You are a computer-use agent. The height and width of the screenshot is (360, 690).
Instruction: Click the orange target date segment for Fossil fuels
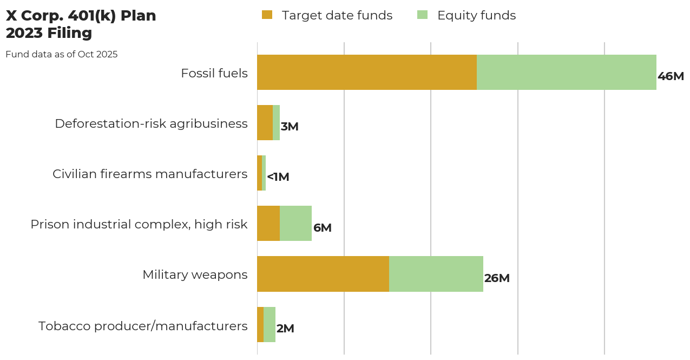(x=366, y=72)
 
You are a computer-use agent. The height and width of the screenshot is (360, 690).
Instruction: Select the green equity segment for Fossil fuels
(x=566, y=72)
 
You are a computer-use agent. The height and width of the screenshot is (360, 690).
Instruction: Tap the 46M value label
(x=671, y=76)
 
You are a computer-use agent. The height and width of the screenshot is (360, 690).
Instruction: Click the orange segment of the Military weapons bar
(x=323, y=274)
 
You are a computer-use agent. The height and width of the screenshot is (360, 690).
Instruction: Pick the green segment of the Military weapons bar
(x=436, y=274)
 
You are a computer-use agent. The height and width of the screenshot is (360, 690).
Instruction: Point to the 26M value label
(x=496, y=278)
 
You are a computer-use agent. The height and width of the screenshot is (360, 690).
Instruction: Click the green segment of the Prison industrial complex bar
(x=295, y=223)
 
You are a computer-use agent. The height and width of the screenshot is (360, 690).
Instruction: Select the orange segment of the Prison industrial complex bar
(x=268, y=223)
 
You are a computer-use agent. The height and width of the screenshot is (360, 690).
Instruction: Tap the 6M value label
(x=322, y=228)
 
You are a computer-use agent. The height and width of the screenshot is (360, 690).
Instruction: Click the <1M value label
(x=278, y=177)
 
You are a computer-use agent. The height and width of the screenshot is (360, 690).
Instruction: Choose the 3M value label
(x=290, y=127)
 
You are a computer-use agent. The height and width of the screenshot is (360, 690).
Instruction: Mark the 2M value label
(x=285, y=329)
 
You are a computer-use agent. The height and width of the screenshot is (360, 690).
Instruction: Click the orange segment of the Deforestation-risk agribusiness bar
(x=265, y=122)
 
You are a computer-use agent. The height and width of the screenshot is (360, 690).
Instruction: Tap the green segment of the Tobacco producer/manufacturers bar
(x=270, y=324)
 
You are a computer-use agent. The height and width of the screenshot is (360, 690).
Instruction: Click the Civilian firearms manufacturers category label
(x=150, y=174)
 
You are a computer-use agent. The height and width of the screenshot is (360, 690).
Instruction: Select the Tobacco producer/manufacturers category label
(x=143, y=326)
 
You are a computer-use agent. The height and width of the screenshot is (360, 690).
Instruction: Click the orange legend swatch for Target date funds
(x=267, y=15)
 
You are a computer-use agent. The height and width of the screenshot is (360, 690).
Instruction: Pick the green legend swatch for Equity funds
(x=422, y=15)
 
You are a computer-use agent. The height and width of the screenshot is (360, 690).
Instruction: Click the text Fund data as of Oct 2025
(x=62, y=54)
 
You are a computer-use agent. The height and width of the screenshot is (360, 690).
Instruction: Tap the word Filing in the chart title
(x=69, y=33)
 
